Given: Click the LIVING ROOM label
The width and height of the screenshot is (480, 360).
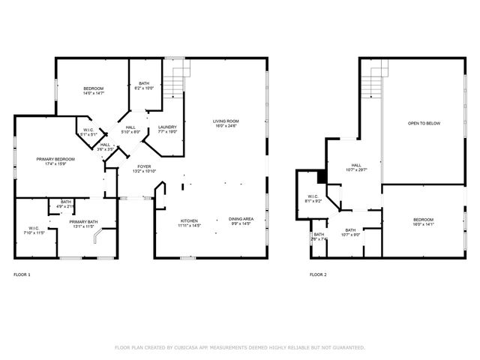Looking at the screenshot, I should click(x=226, y=121).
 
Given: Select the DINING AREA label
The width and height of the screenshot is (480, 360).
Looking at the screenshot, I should click(x=241, y=219).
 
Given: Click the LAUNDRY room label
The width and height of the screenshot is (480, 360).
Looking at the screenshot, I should click(x=167, y=126).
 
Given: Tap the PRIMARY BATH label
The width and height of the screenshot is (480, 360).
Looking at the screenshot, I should click(x=83, y=222).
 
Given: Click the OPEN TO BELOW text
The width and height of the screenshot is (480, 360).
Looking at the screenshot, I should click(x=424, y=123).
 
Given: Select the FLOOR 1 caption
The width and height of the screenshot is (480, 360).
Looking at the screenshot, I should click(x=22, y=274).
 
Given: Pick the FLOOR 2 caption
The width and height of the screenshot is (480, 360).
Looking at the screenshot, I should click(x=319, y=274).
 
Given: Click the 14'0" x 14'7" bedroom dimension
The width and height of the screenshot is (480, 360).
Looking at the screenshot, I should click(x=93, y=94).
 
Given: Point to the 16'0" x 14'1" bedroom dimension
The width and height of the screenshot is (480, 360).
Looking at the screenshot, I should click(x=423, y=224).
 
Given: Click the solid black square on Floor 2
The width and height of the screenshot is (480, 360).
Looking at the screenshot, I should click(x=321, y=178).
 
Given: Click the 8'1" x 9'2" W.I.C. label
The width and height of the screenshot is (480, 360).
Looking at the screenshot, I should click(x=313, y=199).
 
